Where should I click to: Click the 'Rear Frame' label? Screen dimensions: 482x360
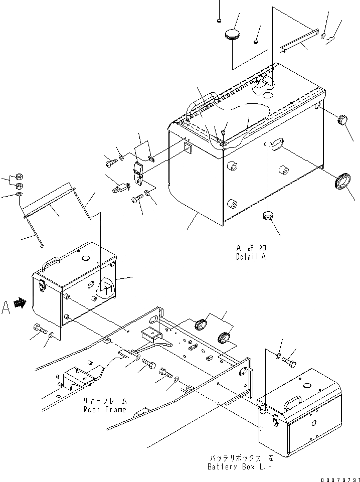coord(105,409)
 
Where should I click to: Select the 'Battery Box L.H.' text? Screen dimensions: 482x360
coord(241,466)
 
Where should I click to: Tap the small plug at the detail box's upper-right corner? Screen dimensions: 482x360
coord(342,120)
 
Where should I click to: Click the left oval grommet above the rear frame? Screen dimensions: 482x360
coord(201,324)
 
